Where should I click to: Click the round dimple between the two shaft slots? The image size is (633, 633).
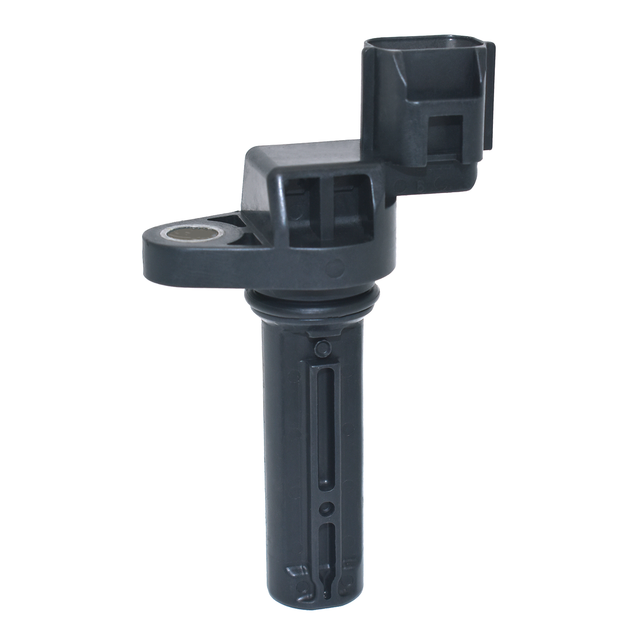(325, 508)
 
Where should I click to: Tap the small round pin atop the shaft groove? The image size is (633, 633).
(322, 348)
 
